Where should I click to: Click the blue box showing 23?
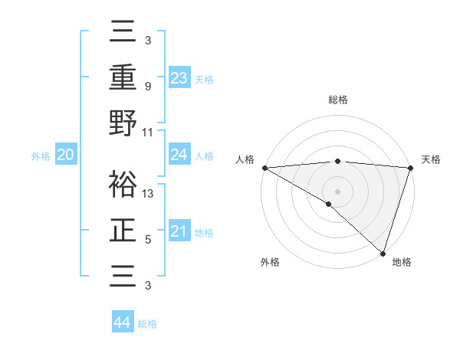(179, 77)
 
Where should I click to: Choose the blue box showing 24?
(179, 155)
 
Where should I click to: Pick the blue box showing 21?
(179, 231)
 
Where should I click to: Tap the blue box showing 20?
(65, 155)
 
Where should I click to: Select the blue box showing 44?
(122, 322)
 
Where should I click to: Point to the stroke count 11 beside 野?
(148, 132)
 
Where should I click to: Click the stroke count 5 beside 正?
(147, 240)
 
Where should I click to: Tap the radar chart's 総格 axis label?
(337, 100)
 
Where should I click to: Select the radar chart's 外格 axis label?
(270, 263)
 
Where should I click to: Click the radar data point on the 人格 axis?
(264, 168)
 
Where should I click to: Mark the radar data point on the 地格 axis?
(383, 252)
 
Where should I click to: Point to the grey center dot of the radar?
(337, 191)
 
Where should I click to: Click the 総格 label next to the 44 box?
(147, 324)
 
